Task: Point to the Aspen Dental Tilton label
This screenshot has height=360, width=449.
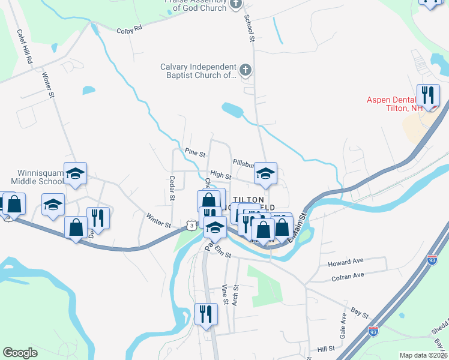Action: point(396,104)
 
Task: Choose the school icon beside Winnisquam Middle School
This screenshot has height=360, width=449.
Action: point(76,173)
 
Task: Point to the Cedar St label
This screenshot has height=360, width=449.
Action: point(172,188)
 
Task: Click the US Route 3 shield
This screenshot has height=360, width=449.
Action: point(190,224)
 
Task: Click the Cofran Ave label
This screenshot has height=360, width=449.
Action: point(348,276)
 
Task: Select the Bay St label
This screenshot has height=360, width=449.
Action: point(360,312)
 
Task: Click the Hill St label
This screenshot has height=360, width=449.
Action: point(326,349)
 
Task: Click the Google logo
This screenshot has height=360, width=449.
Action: point(20,353)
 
